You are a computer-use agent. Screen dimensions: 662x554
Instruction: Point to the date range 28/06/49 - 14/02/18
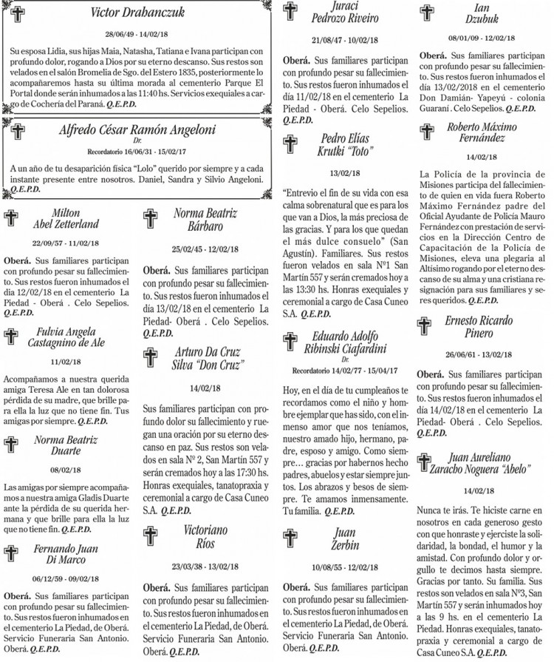point(136,34)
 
